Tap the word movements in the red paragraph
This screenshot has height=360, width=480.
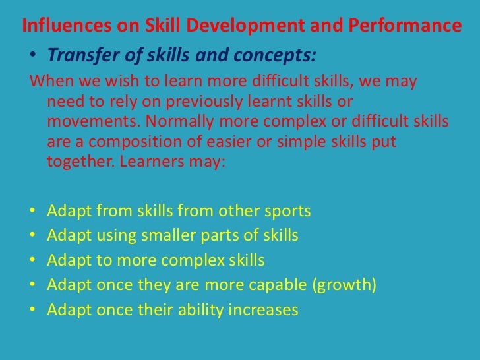tap(88, 123)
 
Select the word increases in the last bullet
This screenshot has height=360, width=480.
tap(266, 309)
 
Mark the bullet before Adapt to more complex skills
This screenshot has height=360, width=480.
tap(32, 260)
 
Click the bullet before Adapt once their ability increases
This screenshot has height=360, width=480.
tap(32, 309)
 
